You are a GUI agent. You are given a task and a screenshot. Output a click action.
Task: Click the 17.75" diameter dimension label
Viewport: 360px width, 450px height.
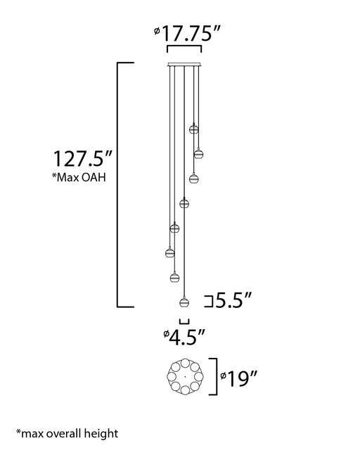(x=187, y=34)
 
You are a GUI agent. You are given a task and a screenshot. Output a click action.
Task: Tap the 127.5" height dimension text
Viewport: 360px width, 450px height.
(x=83, y=158)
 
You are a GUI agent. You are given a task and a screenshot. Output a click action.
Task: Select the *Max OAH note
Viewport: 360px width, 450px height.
(x=79, y=177)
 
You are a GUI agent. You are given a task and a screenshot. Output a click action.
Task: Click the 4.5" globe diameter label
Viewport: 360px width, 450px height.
(x=184, y=337)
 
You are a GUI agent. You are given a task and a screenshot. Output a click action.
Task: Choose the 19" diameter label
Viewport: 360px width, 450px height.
(x=238, y=379)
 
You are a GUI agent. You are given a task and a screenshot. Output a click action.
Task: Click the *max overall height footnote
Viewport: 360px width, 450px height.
(x=67, y=433)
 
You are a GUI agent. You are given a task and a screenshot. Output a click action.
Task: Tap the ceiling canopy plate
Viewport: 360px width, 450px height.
(x=184, y=65)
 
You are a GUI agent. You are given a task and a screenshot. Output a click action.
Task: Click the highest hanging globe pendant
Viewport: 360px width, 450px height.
(x=194, y=129)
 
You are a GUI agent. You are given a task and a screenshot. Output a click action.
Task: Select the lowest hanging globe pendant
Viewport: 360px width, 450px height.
(x=184, y=302)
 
